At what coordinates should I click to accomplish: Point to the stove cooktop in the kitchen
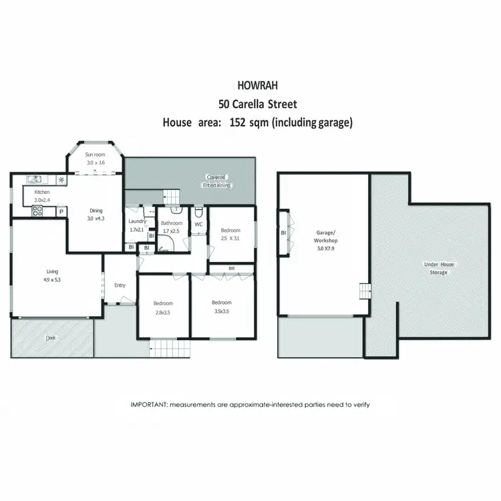[x=37, y=210]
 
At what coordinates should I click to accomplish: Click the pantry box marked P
[x=61, y=212]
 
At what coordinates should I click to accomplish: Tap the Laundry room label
[x=138, y=222]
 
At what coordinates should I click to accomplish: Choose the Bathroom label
[x=172, y=223]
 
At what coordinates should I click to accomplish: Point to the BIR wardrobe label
[x=231, y=269]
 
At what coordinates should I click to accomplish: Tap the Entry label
[x=120, y=285]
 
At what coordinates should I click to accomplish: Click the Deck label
[x=51, y=338]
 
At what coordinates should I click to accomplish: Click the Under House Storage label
[x=439, y=268]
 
